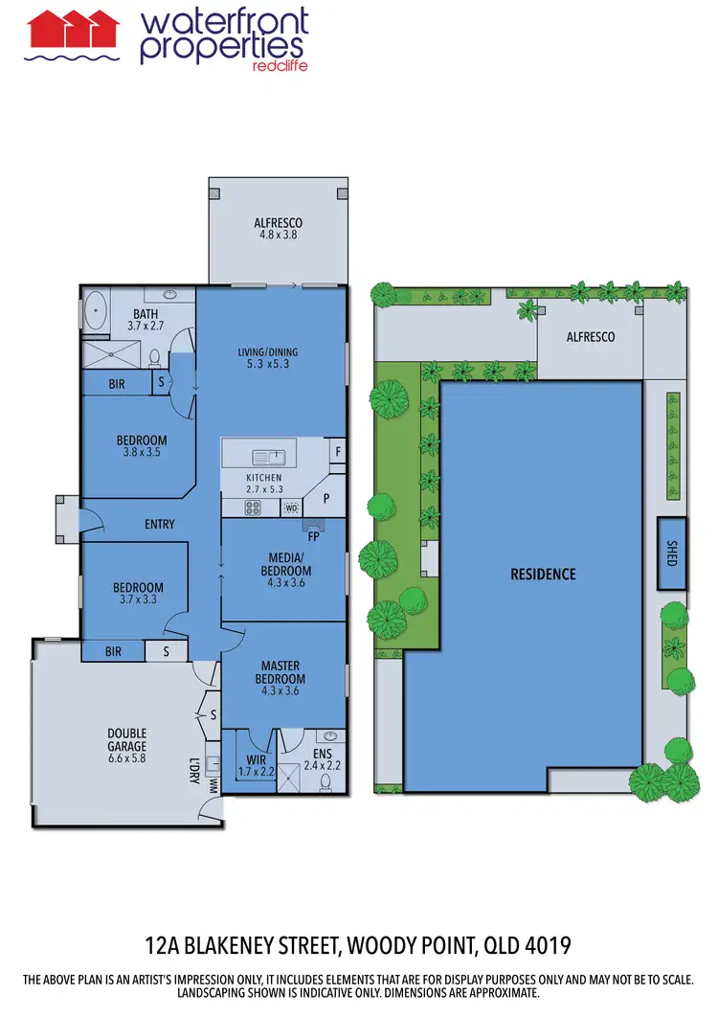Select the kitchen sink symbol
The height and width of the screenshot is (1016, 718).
pos(265,457)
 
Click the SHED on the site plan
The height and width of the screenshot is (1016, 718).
pos(671,553)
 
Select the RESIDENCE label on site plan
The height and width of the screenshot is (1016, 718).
pos(543,575)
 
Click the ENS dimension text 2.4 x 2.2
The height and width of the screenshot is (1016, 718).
pos(323,765)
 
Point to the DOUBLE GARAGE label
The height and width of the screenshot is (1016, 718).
pos(126,739)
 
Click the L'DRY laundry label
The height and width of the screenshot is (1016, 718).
pos(193,771)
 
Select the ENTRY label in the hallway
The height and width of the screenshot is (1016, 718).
pos(159,524)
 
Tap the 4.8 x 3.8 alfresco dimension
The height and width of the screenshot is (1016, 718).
pos(278,234)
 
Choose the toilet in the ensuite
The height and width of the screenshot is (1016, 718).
pos(325,782)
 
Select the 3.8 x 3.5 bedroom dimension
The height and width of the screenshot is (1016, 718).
pos(142,453)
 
